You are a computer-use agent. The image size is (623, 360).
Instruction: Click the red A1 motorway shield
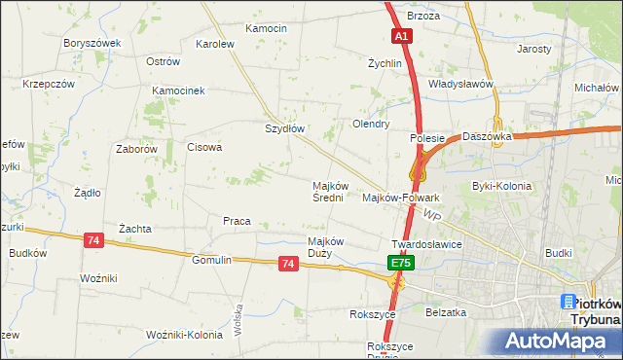[404, 36]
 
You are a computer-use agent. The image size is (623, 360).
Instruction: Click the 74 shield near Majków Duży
[287, 264]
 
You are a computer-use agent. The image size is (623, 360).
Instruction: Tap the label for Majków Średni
[328, 191]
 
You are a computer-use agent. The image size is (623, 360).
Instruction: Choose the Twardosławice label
[425, 244]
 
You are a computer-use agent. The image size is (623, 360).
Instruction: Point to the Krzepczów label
[49, 85]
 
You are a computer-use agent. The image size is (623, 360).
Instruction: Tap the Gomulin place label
[211, 260]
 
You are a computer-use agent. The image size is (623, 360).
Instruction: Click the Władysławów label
[461, 85]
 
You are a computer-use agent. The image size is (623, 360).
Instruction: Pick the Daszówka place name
[488, 137]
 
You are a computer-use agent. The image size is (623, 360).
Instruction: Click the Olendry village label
[371, 125]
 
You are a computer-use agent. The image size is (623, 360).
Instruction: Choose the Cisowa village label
[204, 148]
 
